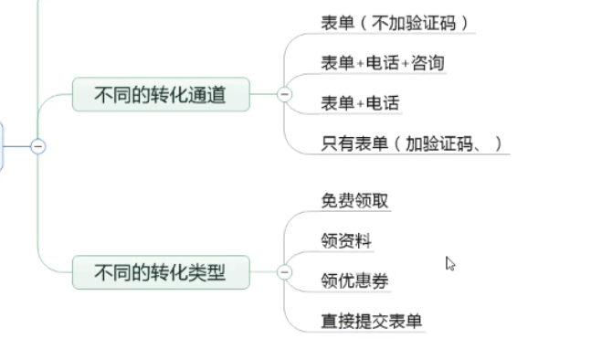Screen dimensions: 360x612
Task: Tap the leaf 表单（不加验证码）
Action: [396, 22]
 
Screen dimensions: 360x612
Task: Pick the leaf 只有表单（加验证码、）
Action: [410, 143]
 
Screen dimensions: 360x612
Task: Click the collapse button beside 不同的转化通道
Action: [284, 94]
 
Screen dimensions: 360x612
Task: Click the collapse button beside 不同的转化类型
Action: [284, 271]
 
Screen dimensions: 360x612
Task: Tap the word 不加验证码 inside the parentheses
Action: [415, 22]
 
